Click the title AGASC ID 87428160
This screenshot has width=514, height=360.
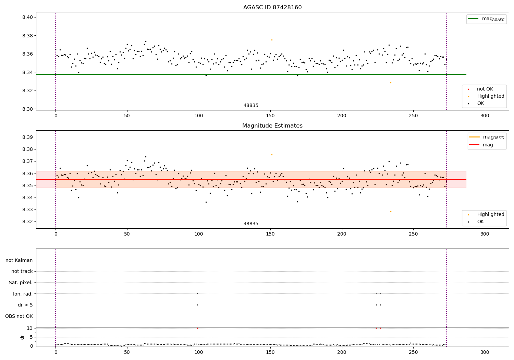coord(272,8)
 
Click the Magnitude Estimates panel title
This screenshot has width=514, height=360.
coord(272,126)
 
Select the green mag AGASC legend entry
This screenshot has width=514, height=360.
coord(486,19)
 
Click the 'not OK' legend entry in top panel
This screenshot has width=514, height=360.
coord(485,89)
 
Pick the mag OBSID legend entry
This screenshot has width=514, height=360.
coord(487,137)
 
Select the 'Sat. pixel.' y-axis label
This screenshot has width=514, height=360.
coord(21,283)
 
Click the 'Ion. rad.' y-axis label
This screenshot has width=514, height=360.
coord(23,294)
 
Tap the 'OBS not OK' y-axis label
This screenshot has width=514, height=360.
coord(19,316)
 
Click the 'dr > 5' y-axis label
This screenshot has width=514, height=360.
coord(25,305)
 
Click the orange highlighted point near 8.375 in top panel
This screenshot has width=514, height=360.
coord(272,40)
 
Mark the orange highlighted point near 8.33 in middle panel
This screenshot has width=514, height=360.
coord(391,211)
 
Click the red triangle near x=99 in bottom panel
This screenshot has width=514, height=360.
coord(197,328)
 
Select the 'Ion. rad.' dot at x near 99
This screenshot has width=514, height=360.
coord(197,293)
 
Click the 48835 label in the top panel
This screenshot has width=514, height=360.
coord(251,106)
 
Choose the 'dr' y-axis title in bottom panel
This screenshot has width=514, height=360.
coord(22,337)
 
